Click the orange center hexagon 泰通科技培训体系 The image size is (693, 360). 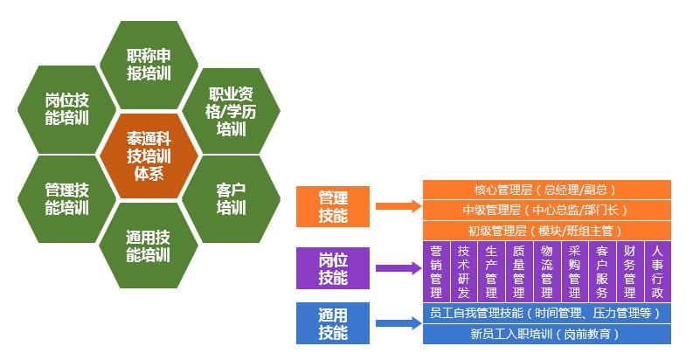tap(148, 155)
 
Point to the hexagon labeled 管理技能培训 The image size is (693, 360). tap(66, 198)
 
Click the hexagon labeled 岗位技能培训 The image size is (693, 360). tap(66, 109)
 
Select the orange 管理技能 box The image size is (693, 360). tap(333, 205)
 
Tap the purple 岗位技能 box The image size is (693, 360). tap(333, 267)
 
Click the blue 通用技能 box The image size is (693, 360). tap(333, 323)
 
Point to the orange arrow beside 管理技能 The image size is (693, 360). tap(398, 207)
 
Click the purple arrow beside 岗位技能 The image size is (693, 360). tap(398, 268)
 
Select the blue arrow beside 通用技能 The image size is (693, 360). tap(398, 323)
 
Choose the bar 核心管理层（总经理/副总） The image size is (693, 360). tap(546, 190)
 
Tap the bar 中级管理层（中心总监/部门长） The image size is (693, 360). tap(546, 210)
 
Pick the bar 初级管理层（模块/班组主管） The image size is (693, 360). tap(546, 231)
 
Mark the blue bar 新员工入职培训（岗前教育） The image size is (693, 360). tap(546, 334)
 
